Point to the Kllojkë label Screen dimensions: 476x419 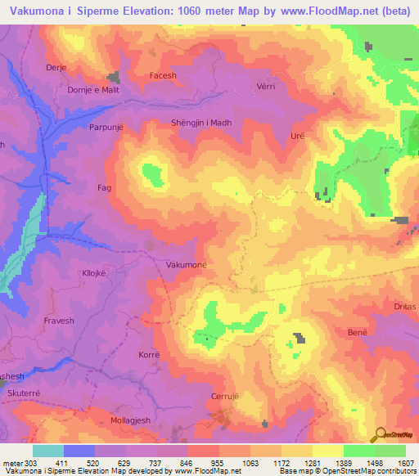(x=97, y=274)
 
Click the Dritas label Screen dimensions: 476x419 (x=404, y=306)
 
